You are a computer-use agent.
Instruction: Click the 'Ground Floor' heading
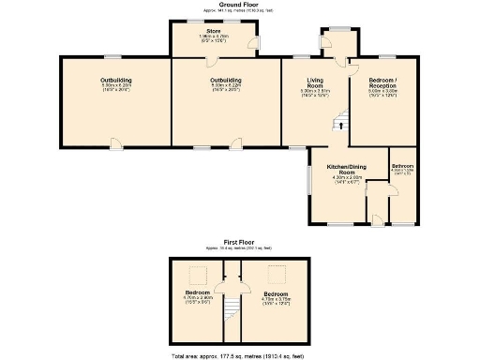point(239,5)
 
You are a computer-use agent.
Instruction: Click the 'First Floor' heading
point(239,242)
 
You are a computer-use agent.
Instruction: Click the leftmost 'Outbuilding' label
point(115,80)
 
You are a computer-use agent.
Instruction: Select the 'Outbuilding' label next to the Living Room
point(226,80)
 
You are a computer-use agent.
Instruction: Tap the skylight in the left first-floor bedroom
point(196,275)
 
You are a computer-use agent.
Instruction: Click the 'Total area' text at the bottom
point(239,355)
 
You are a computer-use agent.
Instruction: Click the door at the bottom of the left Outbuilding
point(114,142)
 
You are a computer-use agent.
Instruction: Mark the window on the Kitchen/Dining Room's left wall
point(310,178)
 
